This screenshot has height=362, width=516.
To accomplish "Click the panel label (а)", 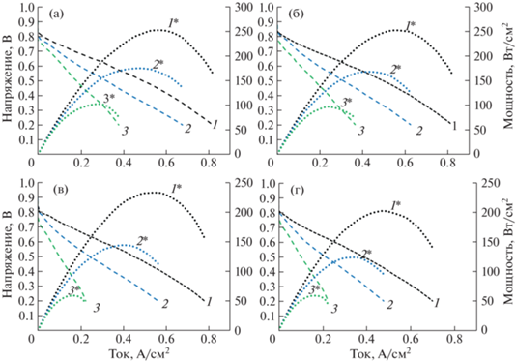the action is coord(56,15).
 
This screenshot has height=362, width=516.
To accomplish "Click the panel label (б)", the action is coord(297,15).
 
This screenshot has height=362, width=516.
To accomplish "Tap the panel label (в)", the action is coord(59,190).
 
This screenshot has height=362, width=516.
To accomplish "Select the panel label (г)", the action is coord(297,190).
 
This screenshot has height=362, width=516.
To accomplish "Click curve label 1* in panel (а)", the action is coord(173,23).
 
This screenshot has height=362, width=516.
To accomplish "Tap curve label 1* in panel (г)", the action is coord(395,206).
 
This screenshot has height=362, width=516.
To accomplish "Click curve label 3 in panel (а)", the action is coord(125,131).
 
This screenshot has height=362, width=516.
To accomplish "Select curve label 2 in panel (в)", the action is coord(164,304).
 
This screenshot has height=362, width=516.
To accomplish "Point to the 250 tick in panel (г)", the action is coord(489,183).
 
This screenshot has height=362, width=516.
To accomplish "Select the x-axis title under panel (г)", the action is coord(380,353).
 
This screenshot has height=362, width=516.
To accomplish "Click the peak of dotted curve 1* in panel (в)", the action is coord(156,193).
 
